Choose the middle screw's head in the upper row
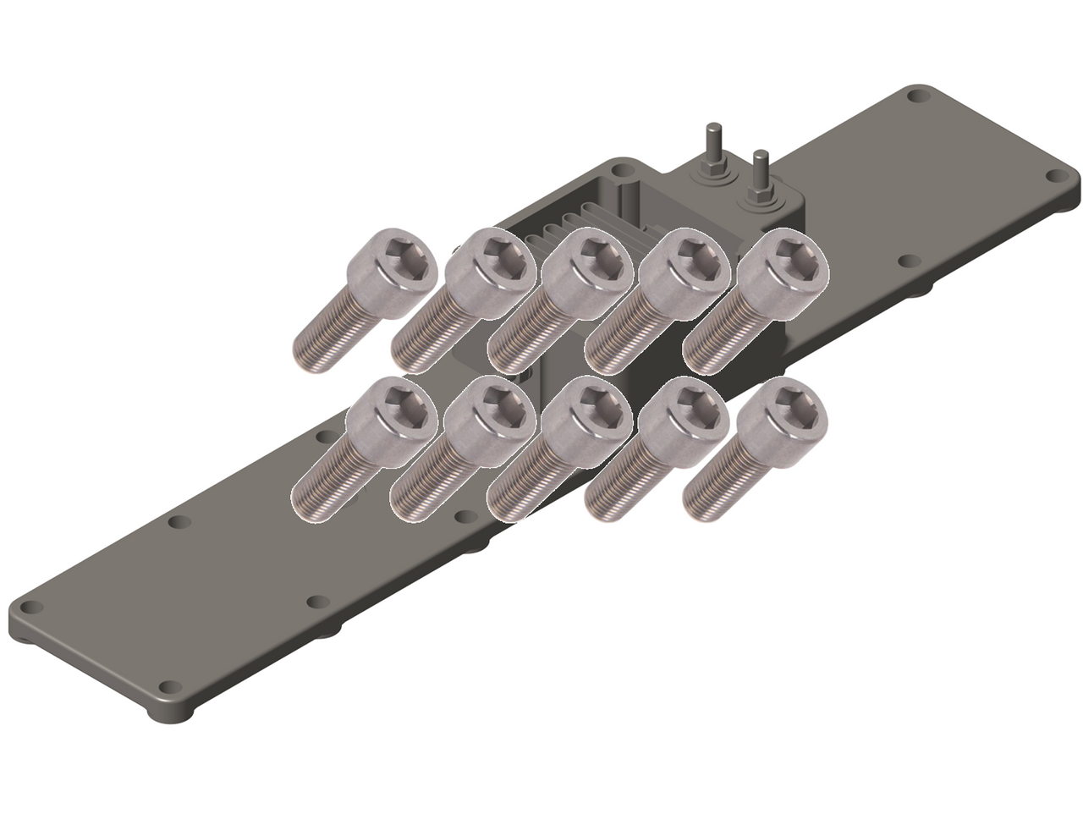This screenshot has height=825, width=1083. coord(588,271)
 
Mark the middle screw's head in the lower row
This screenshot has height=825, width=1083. coord(588,418)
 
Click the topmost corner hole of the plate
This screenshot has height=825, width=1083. coord(916,96)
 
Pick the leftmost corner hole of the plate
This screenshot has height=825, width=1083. coord(30,608)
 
